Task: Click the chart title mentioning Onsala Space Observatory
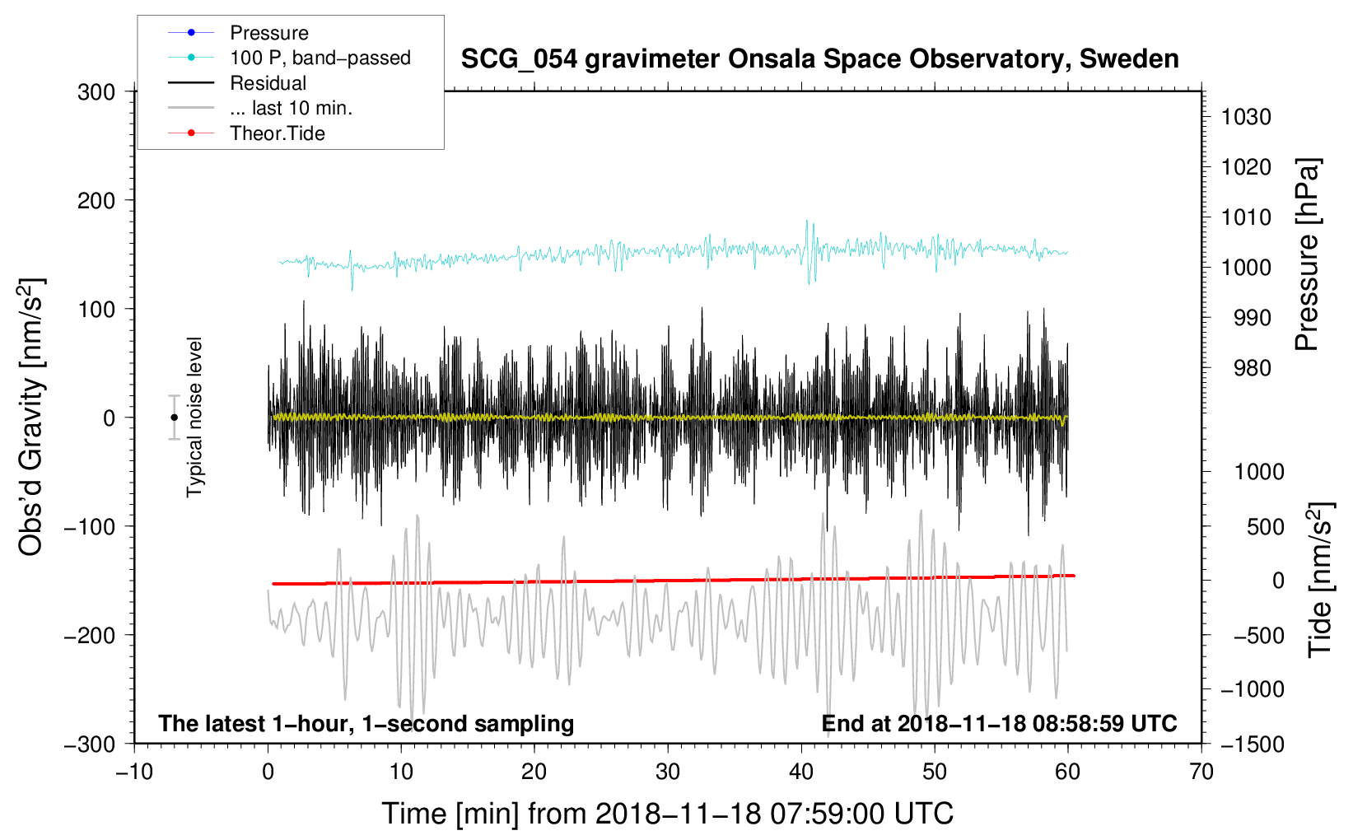(819, 59)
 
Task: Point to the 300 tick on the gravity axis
(96, 92)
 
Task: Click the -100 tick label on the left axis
(89, 526)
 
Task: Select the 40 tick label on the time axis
(800, 772)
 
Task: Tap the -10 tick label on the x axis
(134, 772)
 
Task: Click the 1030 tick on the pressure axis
(1246, 117)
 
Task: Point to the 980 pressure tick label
(1252, 368)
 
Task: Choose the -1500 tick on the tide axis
(1253, 744)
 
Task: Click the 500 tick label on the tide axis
(1265, 526)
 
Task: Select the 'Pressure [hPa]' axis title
(1307, 254)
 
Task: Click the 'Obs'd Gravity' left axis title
(30, 417)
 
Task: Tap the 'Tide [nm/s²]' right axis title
(1321, 580)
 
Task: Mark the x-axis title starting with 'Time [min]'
(668, 814)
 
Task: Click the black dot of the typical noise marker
(174, 418)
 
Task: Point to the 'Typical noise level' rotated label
(194, 418)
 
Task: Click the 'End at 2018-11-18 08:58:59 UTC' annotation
(999, 723)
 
